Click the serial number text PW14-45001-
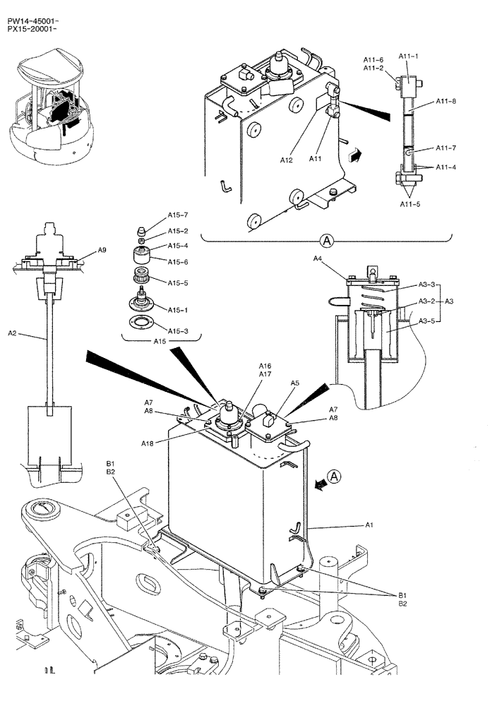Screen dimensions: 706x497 click(32, 21)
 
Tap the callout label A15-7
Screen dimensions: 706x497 click(178, 215)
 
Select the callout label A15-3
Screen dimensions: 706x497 click(178, 330)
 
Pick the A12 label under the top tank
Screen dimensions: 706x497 click(286, 161)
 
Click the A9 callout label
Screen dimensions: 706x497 click(102, 250)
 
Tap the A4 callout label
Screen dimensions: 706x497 click(318, 260)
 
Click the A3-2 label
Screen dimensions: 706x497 click(426, 301)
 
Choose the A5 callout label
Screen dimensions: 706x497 click(295, 383)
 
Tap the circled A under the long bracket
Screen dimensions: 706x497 click(326, 241)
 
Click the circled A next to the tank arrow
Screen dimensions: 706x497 click(335, 477)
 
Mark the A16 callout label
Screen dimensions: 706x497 click(265, 366)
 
